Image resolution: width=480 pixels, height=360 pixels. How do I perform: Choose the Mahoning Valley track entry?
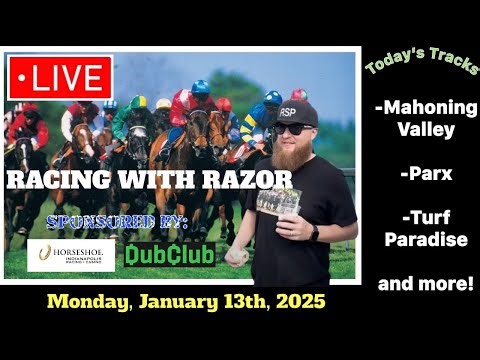point(425,119)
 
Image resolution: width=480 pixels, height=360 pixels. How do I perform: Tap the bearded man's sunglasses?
point(294,128)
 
